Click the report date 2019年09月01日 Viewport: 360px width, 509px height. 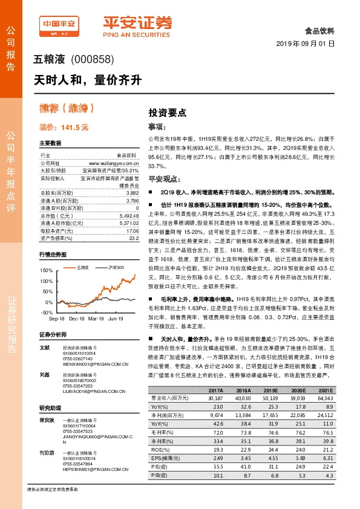point(306,44)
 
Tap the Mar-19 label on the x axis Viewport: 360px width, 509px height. point(97,317)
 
